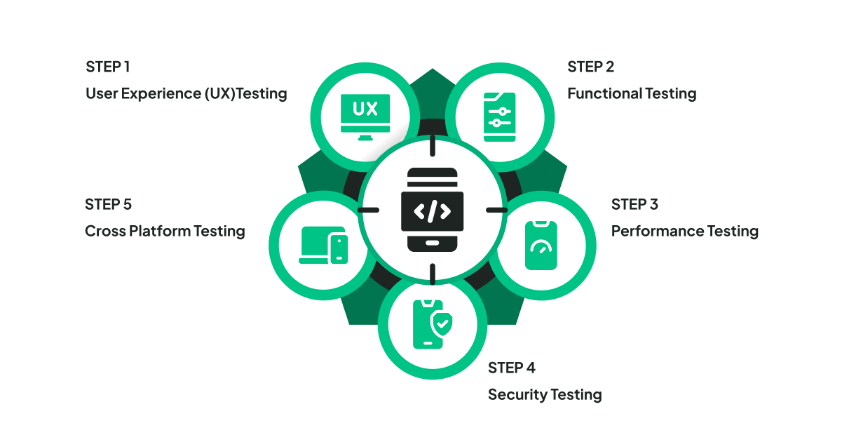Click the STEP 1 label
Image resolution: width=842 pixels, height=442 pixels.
(x=107, y=67)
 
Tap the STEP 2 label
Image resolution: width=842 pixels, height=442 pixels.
(x=590, y=67)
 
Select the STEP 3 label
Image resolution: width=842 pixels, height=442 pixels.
(x=634, y=204)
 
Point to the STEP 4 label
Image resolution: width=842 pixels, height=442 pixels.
(x=512, y=368)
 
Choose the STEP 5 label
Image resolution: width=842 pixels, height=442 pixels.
(x=108, y=204)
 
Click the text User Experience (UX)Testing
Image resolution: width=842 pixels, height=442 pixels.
(x=186, y=93)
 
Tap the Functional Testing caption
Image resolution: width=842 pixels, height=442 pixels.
(x=632, y=93)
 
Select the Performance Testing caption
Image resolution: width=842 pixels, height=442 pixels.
(x=684, y=231)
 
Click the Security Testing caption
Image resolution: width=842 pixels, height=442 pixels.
(x=545, y=394)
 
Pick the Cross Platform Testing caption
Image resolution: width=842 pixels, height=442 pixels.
(x=165, y=231)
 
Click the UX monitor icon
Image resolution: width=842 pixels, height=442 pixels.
(x=365, y=115)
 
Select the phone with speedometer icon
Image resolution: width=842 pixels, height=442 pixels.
(x=541, y=245)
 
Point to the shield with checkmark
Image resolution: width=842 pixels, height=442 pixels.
(x=442, y=323)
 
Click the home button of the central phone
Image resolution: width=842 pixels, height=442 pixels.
(x=432, y=243)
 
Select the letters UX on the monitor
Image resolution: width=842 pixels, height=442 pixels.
(x=365, y=109)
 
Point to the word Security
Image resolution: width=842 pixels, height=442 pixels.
(x=516, y=394)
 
